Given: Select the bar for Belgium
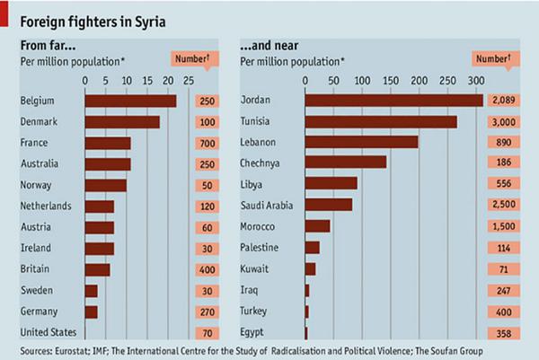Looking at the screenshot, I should tap(130, 101).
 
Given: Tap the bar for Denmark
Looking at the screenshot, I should tap(122, 122).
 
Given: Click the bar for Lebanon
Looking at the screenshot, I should tap(361, 142).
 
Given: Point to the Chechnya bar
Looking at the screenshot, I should tap(346, 162).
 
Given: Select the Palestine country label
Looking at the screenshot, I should tap(261, 246).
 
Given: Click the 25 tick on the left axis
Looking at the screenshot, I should tap(190, 79).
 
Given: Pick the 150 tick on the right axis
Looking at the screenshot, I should tap(391, 79).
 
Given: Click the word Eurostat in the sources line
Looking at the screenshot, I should tap(80, 349).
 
